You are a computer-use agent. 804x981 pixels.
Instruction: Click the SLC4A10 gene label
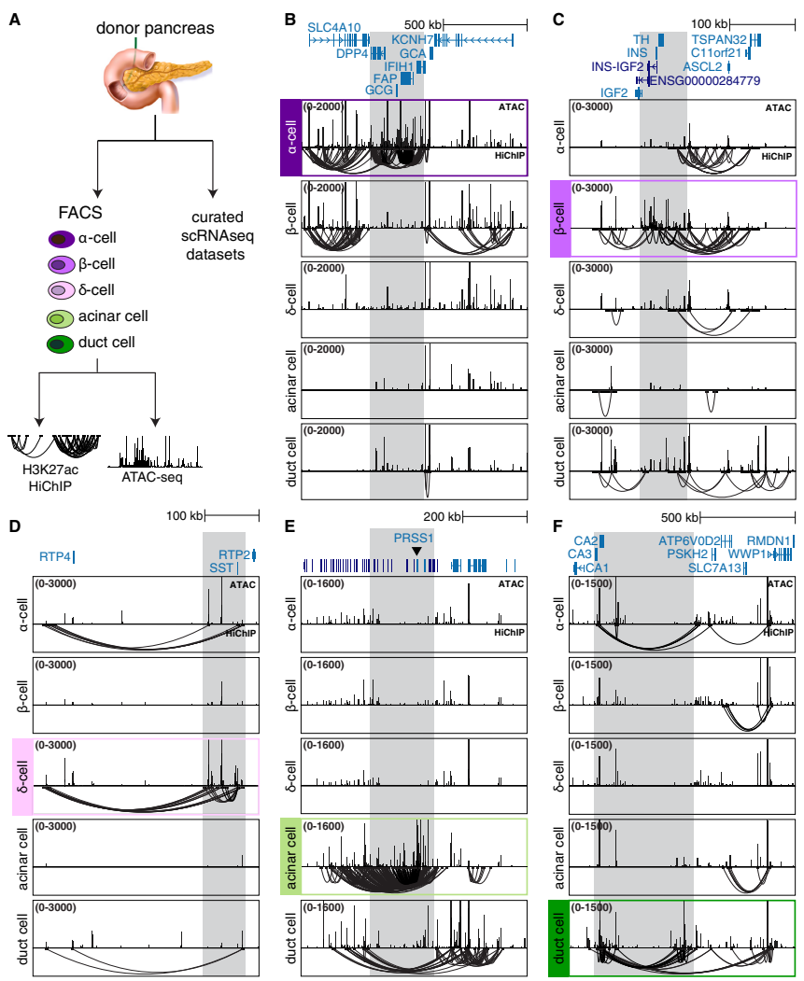pyautogui.click(x=335, y=26)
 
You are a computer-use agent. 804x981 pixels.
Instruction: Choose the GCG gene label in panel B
pyautogui.click(x=378, y=91)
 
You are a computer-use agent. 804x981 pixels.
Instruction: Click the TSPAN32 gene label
pyautogui.click(x=719, y=39)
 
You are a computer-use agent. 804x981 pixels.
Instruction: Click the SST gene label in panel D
pyautogui.click(x=220, y=568)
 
